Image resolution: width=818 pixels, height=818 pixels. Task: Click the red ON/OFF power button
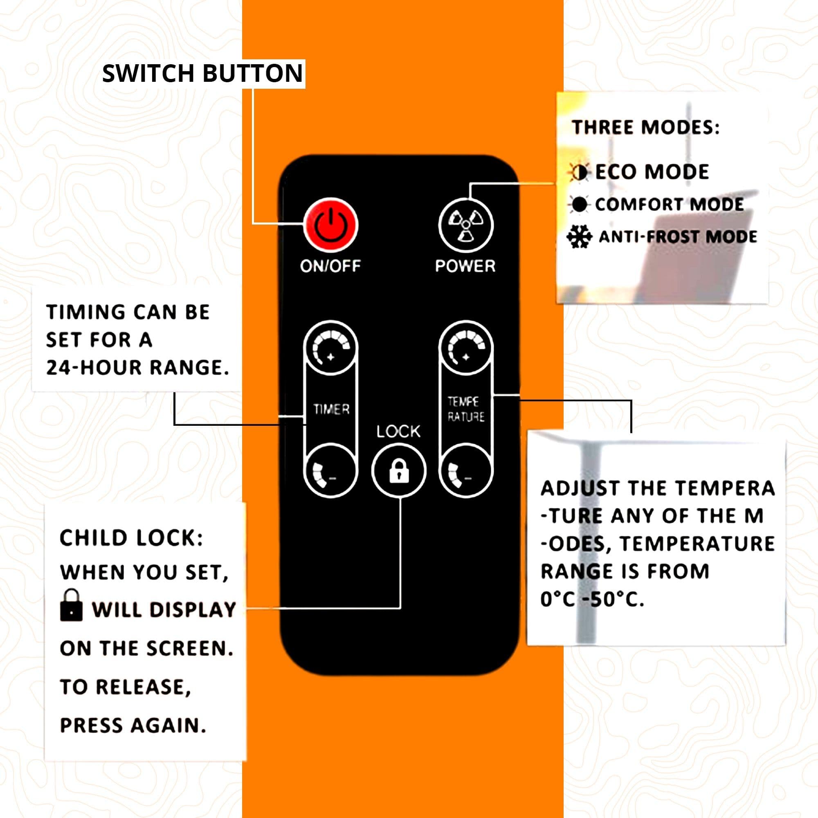(x=330, y=225)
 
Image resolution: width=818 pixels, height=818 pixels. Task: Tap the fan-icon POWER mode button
(x=465, y=225)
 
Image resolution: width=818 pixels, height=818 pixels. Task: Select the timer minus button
(x=330, y=470)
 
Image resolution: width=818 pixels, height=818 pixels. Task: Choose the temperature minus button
(x=466, y=470)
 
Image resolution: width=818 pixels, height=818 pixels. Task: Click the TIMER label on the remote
(x=331, y=409)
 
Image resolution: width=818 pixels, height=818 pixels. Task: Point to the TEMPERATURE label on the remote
(x=466, y=409)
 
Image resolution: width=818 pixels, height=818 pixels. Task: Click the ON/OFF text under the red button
(x=330, y=266)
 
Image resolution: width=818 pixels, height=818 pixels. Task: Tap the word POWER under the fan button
(x=465, y=266)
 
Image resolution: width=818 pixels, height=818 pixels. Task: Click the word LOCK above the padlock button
(x=398, y=431)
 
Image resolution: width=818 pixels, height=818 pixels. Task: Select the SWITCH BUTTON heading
(x=203, y=73)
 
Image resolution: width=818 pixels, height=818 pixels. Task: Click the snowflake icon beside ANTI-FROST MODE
(x=579, y=237)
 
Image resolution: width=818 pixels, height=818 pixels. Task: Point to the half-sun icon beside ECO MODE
(x=579, y=172)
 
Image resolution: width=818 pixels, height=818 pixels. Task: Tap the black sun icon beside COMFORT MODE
(x=579, y=204)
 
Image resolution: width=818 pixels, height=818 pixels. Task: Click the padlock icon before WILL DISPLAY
(x=71, y=605)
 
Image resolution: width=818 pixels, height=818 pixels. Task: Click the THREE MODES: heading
(x=645, y=128)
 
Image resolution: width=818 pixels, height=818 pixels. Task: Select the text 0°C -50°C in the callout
(x=592, y=599)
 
